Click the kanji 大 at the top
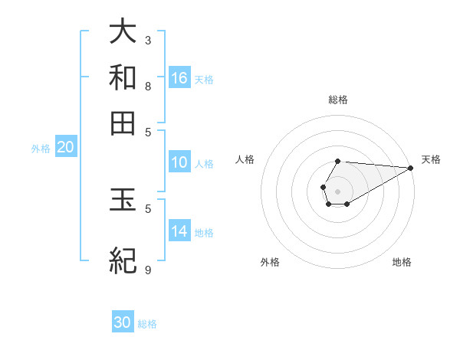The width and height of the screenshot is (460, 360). [x=123, y=31]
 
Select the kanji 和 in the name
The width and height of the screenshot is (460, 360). [x=123, y=77]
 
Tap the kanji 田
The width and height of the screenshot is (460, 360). [x=123, y=123]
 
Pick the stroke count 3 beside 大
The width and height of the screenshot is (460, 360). [x=148, y=40]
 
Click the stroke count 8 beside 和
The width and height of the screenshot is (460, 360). [x=148, y=86]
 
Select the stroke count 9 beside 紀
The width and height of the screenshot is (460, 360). [x=148, y=270]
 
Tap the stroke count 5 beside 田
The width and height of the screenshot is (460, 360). [x=148, y=132]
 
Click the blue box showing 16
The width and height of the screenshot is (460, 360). [x=179, y=78]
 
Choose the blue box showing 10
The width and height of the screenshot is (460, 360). [x=179, y=162]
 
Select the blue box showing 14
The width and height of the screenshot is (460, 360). [x=179, y=231]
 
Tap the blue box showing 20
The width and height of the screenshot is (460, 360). [x=65, y=148]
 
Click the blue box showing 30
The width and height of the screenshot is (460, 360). [x=123, y=322]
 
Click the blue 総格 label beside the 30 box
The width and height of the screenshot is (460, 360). [x=147, y=324]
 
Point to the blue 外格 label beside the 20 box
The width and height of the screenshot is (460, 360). [x=41, y=149]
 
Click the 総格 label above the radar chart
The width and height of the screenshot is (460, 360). [x=337, y=100]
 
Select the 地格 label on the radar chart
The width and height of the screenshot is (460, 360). [x=402, y=262]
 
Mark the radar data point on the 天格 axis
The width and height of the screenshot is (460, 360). [x=410, y=168]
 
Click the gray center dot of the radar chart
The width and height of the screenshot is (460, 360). [x=337, y=190]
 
